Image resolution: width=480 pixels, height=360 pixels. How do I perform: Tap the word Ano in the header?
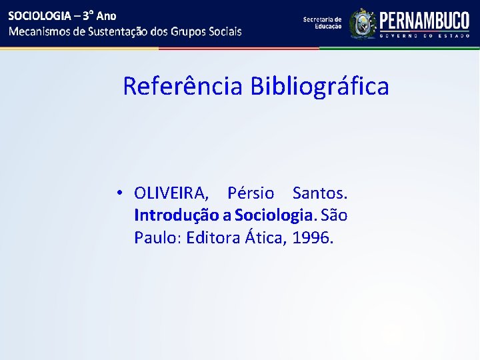click(x=107, y=15)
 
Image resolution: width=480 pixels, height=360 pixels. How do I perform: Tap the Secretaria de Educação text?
click(x=322, y=23)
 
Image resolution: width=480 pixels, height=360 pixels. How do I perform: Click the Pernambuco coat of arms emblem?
click(x=363, y=23)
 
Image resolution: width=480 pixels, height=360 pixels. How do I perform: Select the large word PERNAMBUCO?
click(x=425, y=20)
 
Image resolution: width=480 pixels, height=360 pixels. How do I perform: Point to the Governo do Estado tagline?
click(x=425, y=36)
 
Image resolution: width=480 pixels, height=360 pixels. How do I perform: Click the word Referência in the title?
click(x=183, y=86)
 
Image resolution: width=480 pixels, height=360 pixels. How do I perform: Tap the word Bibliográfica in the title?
click(x=319, y=86)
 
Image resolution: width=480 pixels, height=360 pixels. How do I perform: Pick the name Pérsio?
click(x=251, y=193)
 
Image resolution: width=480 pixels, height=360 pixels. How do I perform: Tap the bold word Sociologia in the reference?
click(x=273, y=215)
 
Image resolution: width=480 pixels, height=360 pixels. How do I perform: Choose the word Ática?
click(x=267, y=237)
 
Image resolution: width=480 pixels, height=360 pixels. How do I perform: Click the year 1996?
click(x=312, y=237)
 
